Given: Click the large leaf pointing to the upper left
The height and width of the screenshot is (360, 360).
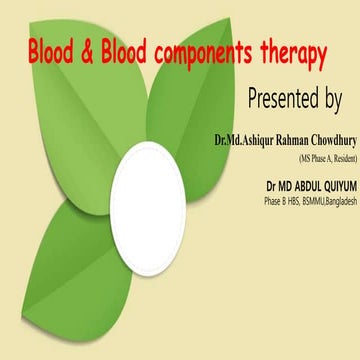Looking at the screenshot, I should click(90, 110).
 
